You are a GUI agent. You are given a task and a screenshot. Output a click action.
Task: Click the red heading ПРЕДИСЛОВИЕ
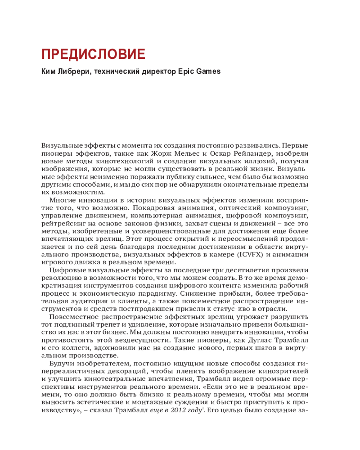point(93,54)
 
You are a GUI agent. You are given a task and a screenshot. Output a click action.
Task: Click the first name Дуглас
point(242,341)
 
